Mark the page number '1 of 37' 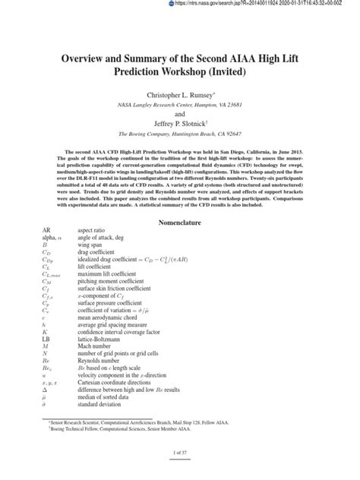pos(179,472)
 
